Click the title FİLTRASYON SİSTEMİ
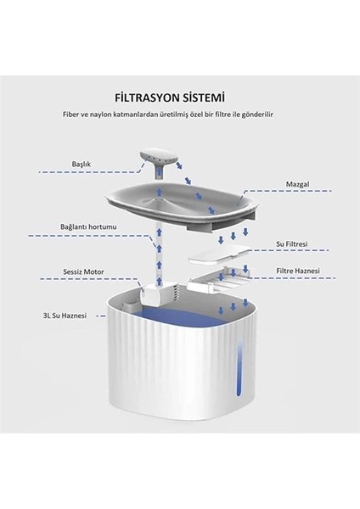coord(170,98)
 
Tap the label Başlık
coord(81,164)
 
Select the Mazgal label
coord(297,184)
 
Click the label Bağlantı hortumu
coord(88,227)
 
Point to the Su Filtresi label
coord(291,243)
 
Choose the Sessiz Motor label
coord(83,271)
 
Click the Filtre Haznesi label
coord(298,271)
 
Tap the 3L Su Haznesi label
coord(65,316)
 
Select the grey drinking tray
coord(182,208)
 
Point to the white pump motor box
coord(151,294)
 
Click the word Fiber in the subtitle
coord(70,115)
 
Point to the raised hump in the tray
coord(159,204)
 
